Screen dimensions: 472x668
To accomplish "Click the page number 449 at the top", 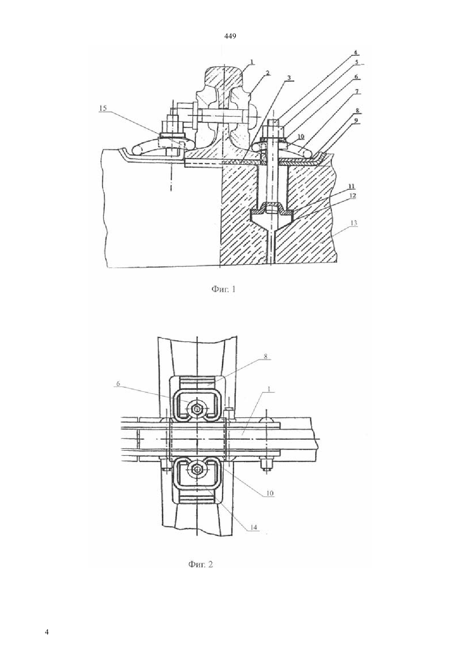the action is (230, 36).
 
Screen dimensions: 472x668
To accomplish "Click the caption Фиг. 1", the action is (224, 289).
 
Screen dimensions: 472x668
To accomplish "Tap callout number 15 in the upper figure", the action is (103, 108).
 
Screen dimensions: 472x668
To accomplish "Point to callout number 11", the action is (351, 186).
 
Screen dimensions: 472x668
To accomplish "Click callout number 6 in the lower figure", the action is (118, 383).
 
